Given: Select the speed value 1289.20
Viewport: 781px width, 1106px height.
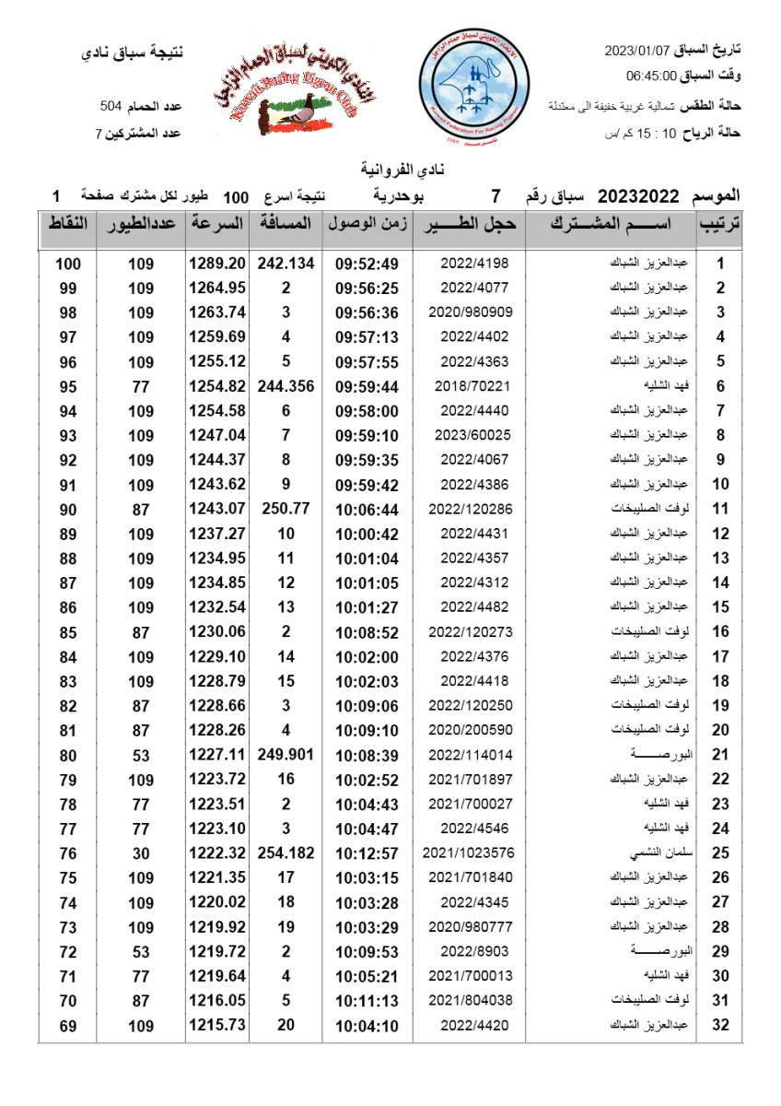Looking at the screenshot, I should click(x=217, y=264).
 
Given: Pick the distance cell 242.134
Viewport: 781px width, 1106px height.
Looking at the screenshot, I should click(x=286, y=264).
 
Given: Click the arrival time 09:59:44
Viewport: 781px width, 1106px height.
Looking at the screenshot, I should click(x=367, y=386).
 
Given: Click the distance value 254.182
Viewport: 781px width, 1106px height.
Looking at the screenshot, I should click(x=286, y=853).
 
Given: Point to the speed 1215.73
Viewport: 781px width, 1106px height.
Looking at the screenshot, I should click(x=217, y=1025).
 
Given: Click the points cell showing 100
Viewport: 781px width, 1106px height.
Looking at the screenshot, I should click(x=68, y=264).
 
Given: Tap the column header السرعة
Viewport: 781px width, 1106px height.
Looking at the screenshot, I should click(x=217, y=224).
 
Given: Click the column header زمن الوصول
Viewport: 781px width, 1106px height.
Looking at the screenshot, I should click(x=367, y=224).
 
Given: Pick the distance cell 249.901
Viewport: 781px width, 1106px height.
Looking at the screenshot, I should click(x=286, y=755).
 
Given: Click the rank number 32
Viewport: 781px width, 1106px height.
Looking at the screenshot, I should click(x=721, y=1025).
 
